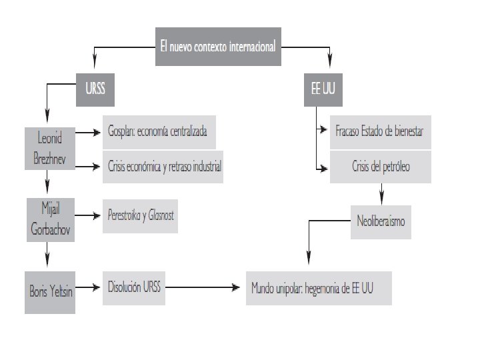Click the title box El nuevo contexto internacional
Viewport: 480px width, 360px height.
217,47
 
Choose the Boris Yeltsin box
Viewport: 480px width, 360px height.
49,291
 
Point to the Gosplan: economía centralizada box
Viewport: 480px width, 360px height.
159,131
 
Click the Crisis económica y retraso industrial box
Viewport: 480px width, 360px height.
163,167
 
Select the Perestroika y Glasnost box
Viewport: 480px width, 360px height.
140,216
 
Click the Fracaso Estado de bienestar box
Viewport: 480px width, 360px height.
379,131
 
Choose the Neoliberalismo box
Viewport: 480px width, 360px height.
380,221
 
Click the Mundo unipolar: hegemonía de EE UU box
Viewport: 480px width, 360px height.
318,288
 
